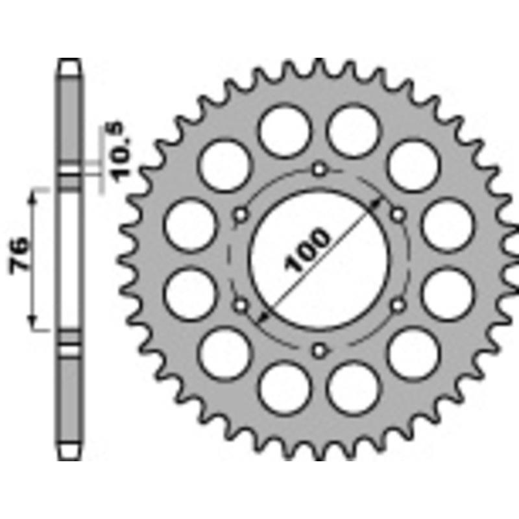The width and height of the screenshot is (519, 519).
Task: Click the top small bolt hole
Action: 319,170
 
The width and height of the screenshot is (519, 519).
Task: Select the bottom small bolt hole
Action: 319,351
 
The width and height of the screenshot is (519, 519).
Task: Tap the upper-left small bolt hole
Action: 240,215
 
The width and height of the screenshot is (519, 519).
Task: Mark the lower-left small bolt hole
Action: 240,304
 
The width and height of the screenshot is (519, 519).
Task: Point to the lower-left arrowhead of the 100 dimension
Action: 262,317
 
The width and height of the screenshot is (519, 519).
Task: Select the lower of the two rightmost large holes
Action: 447,293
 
